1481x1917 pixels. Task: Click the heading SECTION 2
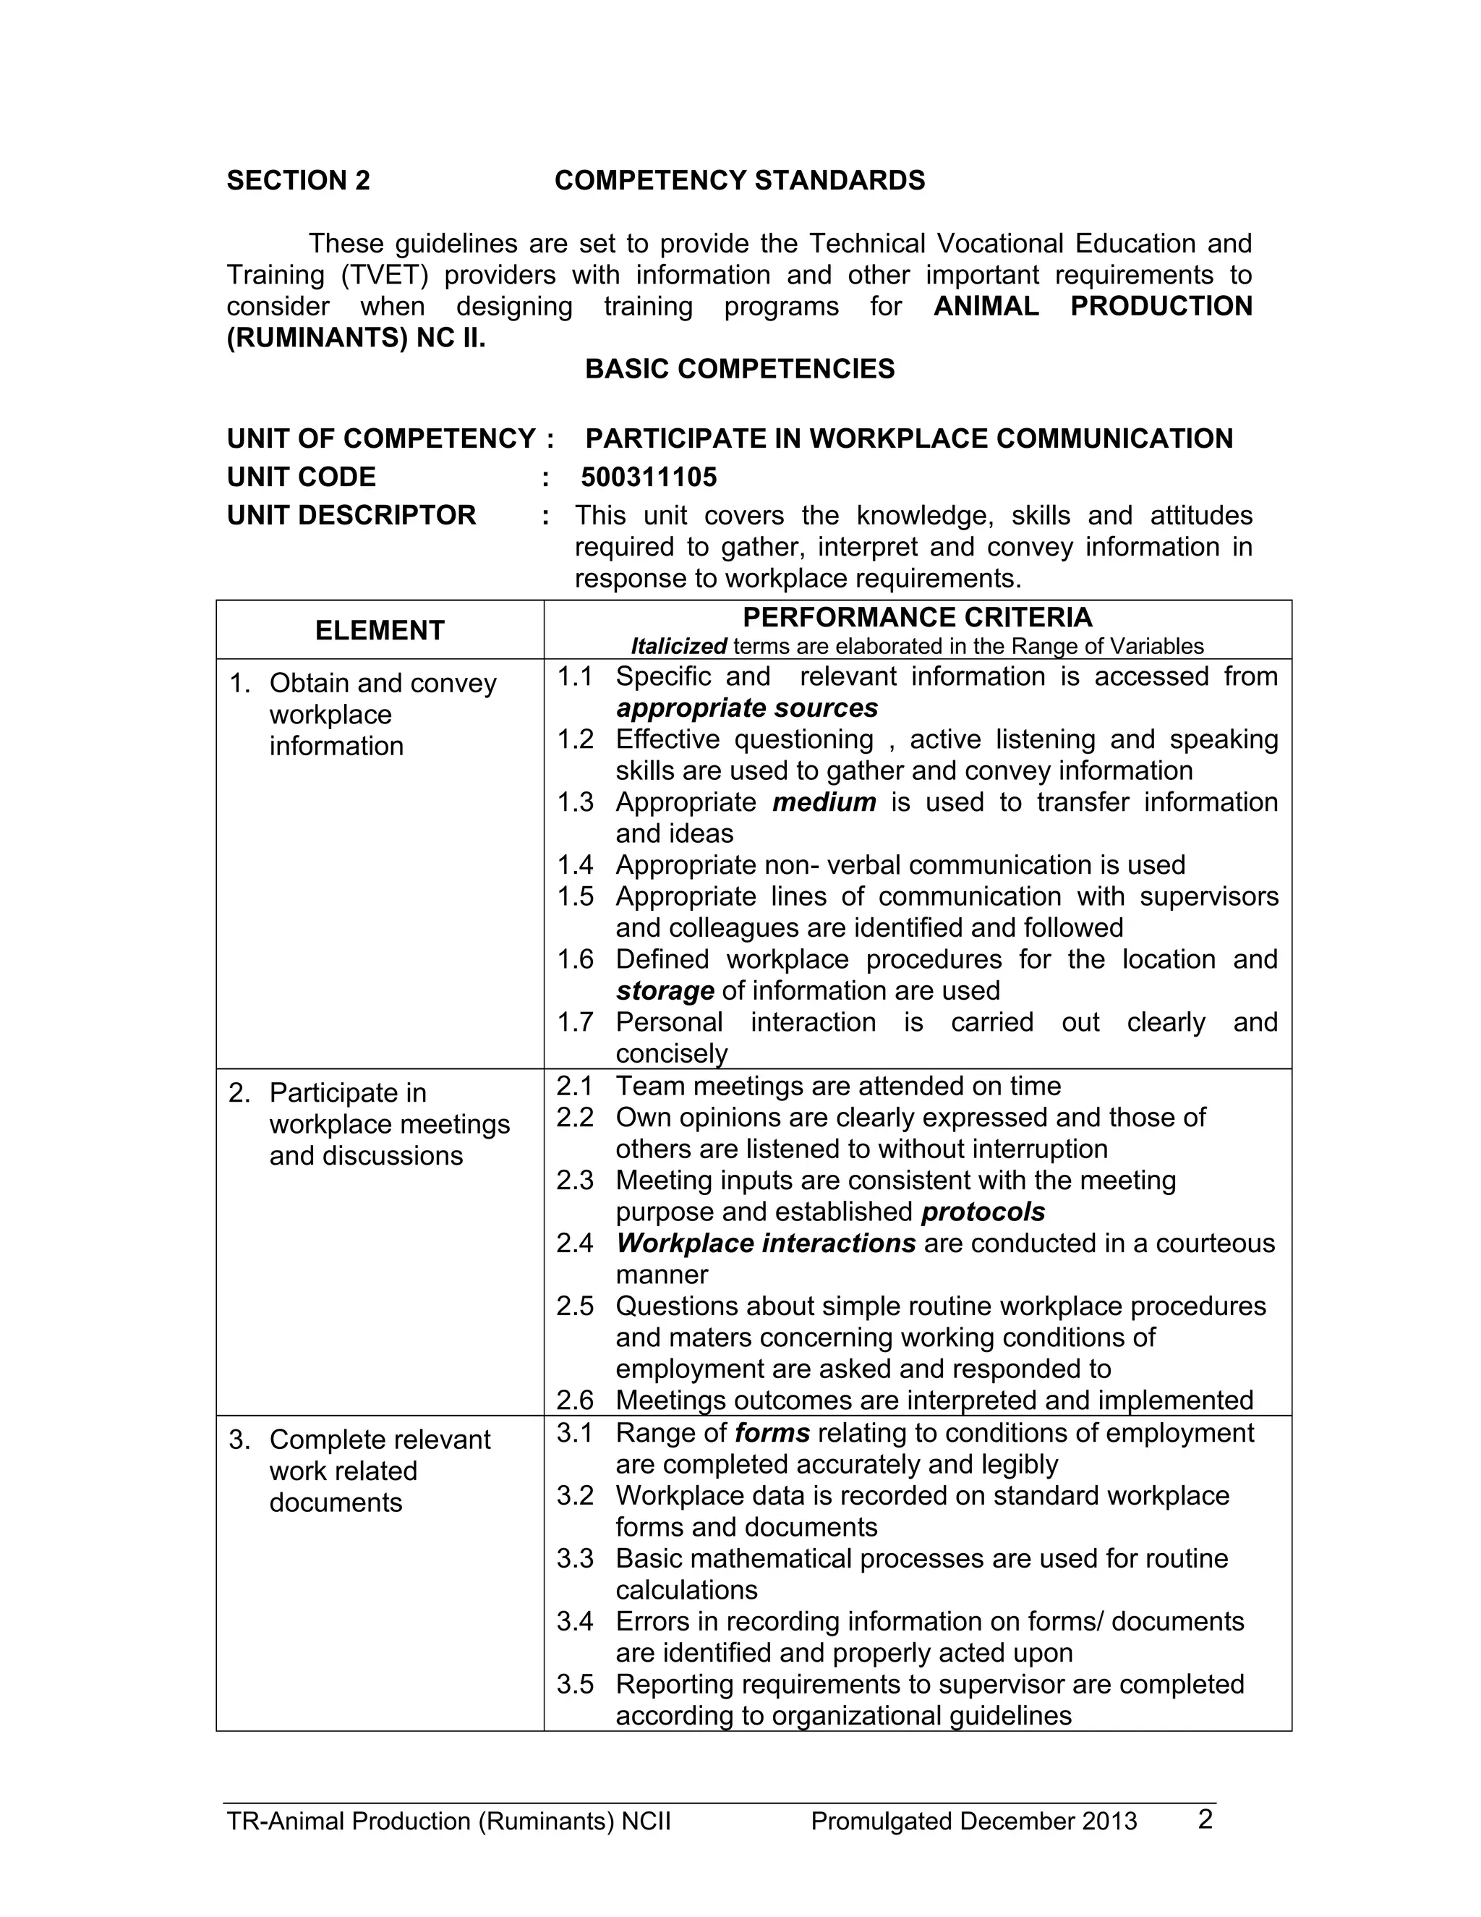pyautogui.click(x=299, y=181)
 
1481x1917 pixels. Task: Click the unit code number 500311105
pyautogui.click(x=649, y=477)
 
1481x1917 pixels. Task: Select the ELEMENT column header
pyautogui.click(x=379, y=630)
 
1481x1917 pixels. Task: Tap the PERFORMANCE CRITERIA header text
pyautogui.click(x=917, y=618)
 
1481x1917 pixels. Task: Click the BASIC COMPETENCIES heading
pyautogui.click(x=740, y=369)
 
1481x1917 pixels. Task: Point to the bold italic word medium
pyautogui.click(x=823, y=802)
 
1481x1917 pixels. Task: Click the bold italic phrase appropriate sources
pyautogui.click(x=746, y=708)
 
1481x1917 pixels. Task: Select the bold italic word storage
pyautogui.click(x=664, y=991)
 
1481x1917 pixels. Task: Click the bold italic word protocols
pyautogui.click(x=983, y=1212)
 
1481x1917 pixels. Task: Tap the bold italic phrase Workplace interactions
pyautogui.click(x=765, y=1244)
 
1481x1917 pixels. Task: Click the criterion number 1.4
pyautogui.click(x=575, y=865)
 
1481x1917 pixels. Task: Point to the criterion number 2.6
pyautogui.click(x=575, y=1400)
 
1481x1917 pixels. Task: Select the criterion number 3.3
pyautogui.click(x=575, y=1559)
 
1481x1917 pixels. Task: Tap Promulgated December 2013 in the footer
pyautogui.click(x=973, y=1822)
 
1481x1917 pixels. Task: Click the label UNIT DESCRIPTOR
pyautogui.click(x=351, y=515)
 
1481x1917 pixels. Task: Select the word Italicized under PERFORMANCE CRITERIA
pyautogui.click(x=678, y=647)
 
